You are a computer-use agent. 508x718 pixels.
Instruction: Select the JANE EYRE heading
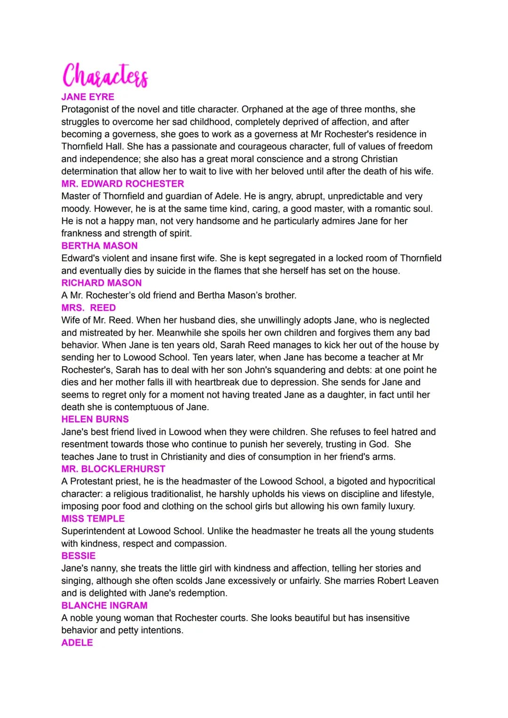click(87, 97)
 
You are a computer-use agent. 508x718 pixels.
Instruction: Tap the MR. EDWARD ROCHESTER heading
click(122, 184)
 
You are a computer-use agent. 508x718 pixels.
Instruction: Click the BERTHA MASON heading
click(99, 246)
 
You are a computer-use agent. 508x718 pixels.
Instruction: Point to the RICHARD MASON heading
click(101, 283)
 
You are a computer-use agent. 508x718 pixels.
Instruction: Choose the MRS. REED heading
click(88, 308)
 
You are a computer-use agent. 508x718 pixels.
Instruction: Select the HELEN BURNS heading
click(95, 420)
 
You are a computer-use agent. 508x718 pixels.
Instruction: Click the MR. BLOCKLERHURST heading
click(113, 469)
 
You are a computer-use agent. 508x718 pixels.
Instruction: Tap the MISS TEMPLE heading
click(93, 519)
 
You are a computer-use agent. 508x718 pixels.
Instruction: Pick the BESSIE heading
click(78, 556)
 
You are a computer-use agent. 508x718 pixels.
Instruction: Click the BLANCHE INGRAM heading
click(104, 605)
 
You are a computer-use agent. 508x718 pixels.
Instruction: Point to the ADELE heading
click(77, 643)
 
